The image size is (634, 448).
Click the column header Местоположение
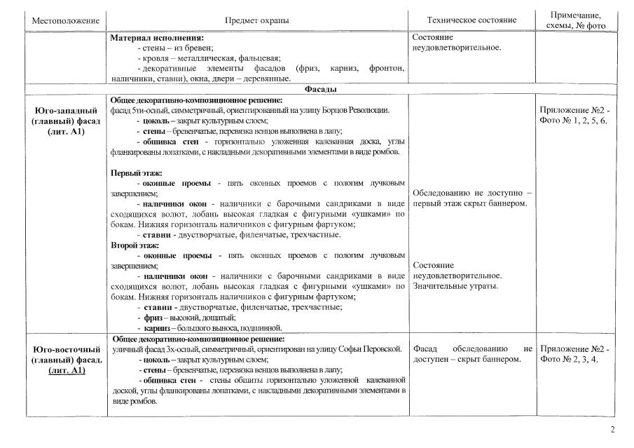click(66, 20)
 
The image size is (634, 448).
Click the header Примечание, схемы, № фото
click(575, 20)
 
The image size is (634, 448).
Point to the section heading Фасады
click(322, 90)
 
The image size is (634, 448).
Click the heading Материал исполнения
click(157, 37)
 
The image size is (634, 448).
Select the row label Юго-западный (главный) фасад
click(66, 121)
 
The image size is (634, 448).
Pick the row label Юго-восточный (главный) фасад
click(66, 360)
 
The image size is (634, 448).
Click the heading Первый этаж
click(137, 172)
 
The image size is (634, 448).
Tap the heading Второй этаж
click(136, 245)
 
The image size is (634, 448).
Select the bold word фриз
click(153, 318)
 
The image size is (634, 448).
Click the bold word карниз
click(158, 327)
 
